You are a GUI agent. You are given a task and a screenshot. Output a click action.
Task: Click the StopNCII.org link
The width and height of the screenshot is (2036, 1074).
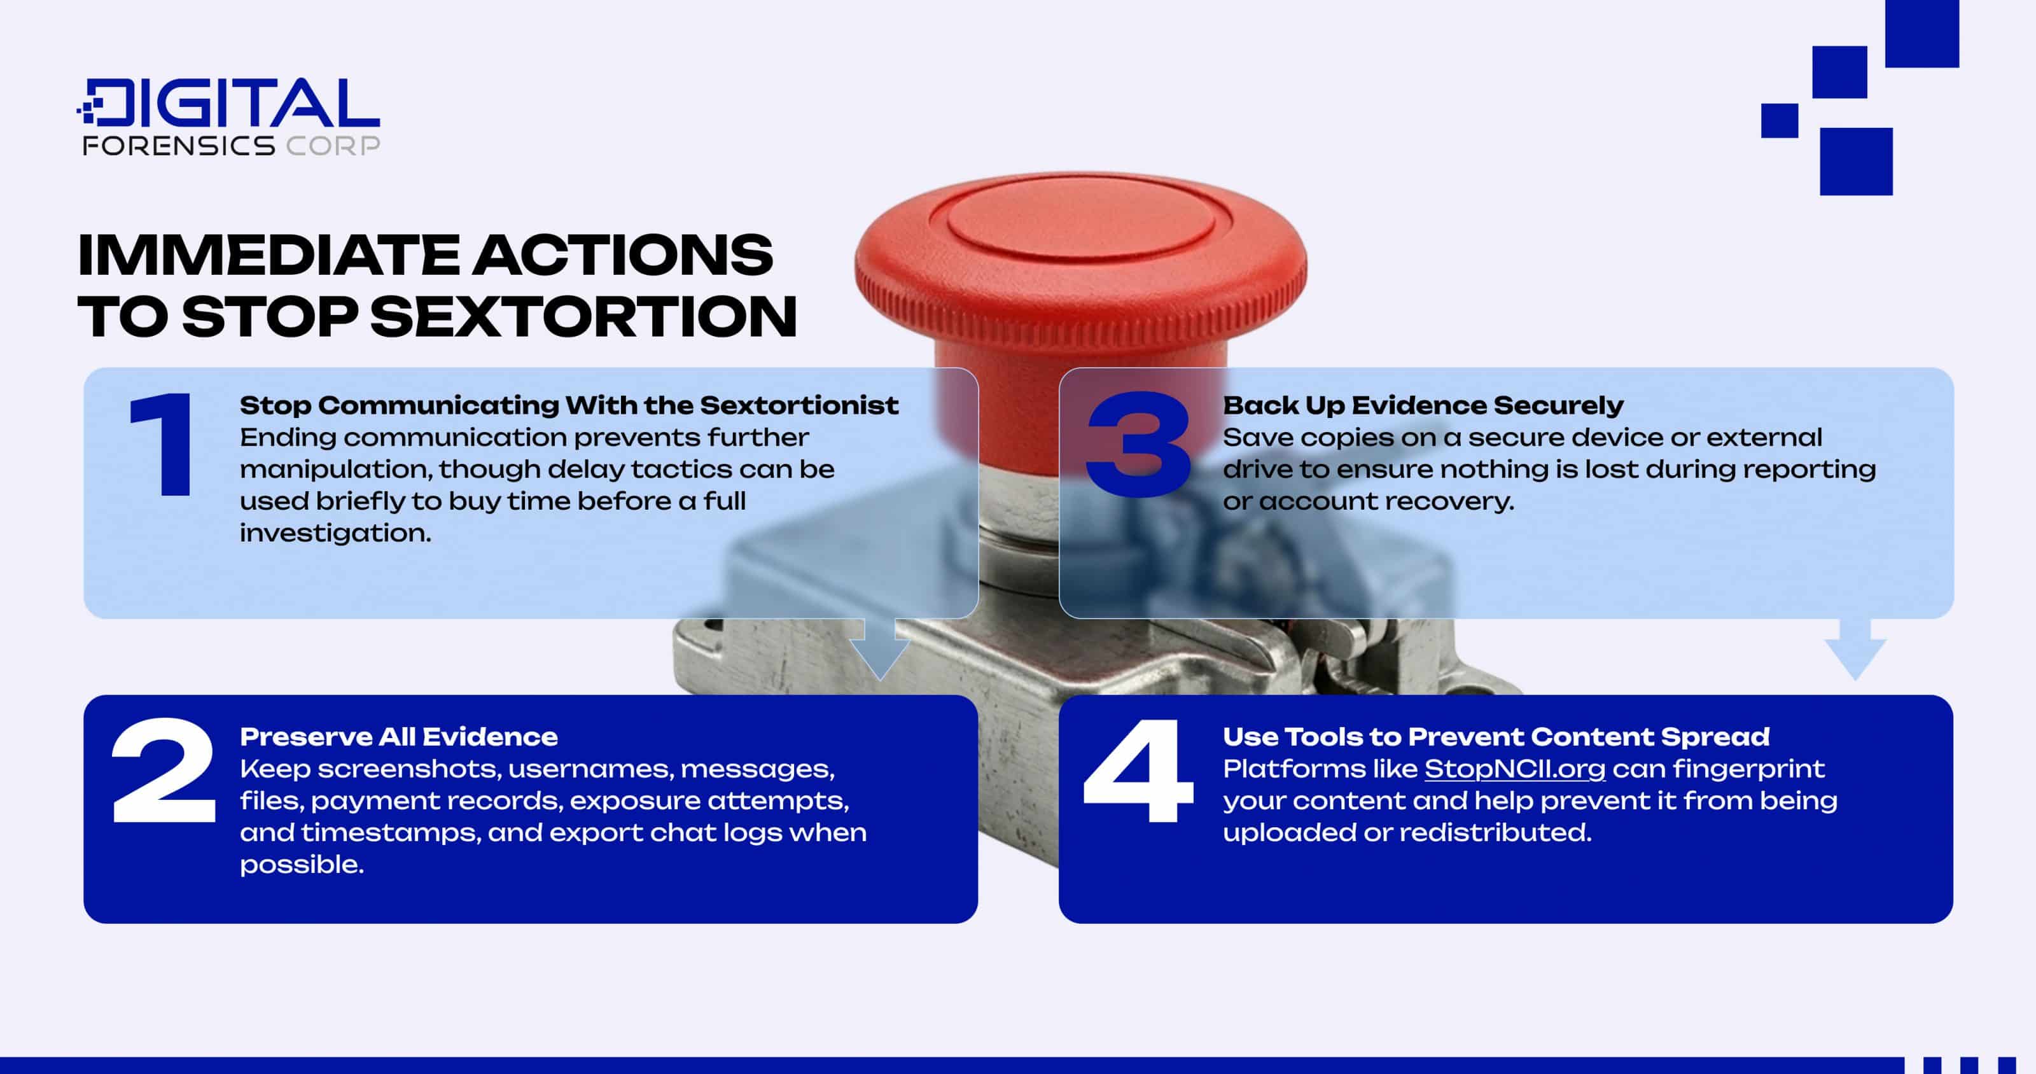pyautogui.click(x=1514, y=769)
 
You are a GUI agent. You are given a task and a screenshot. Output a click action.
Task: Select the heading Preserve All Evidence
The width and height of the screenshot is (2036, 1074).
pyautogui.click(x=398, y=737)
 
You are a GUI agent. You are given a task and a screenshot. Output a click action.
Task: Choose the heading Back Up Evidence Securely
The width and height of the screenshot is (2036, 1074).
pyautogui.click(x=1423, y=405)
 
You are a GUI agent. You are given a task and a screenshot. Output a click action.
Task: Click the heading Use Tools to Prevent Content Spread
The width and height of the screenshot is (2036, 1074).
pyautogui.click(x=1495, y=737)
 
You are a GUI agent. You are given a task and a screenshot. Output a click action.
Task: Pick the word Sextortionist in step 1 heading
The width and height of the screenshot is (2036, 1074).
pyautogui.click(x=799, y=405)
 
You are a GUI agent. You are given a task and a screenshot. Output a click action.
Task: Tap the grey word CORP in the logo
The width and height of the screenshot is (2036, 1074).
pyautogui.click(x=333, y=146)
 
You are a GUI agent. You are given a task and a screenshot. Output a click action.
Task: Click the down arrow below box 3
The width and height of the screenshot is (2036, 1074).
pyautogui.click(x=1855, y=648)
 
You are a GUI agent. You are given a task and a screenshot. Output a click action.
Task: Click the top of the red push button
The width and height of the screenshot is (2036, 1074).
pyautogui.click(x=1080, y=225)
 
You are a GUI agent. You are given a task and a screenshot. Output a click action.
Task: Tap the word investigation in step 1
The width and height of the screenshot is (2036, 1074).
pyautogui.click(x=335, y=533)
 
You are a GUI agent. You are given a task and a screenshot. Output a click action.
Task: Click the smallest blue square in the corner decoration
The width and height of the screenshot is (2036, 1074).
pyautogui.click(x=1779, y=121)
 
